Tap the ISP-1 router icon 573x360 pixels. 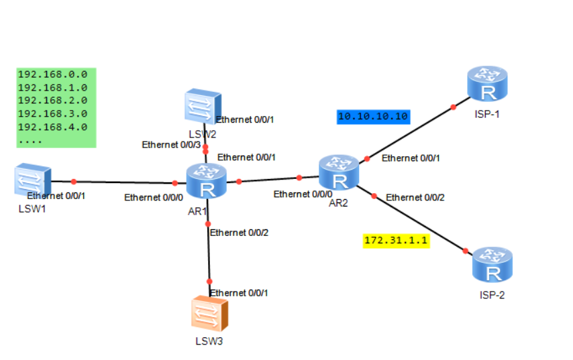(x=488, y=84)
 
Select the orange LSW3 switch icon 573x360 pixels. (x=209, y=314)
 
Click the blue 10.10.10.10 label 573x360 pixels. (x=373, y=117)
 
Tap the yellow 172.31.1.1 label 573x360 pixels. (x=396, y=240)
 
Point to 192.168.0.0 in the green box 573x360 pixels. (x=52, y=74)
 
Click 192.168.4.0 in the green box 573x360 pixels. (x=52, y=127)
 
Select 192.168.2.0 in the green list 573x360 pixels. (x=52, y=101)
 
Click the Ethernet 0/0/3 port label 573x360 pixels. (x=170, y=145)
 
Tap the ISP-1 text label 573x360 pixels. (x=486, y=114)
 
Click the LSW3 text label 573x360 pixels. (x=209, y=341)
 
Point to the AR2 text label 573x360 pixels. (x=338, y=202)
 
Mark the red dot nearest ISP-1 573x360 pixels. (x=454, y=107)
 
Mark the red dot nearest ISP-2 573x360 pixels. (x=464, y=251)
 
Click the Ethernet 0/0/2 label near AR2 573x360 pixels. (x=415, y=197)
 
